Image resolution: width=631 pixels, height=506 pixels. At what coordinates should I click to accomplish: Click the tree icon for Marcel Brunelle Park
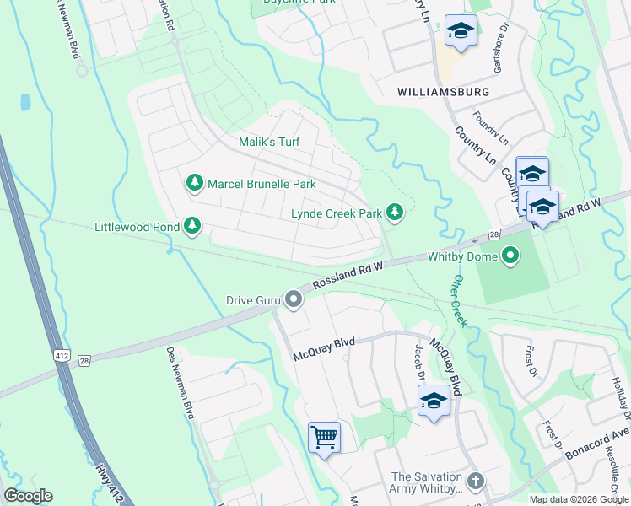click(194, 183)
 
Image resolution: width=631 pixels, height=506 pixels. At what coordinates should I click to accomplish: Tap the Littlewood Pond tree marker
click(193, 226)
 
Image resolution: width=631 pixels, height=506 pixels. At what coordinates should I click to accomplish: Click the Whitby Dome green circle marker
click(510, 256)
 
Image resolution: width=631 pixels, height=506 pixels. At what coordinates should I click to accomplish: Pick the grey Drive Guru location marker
click(293, 299)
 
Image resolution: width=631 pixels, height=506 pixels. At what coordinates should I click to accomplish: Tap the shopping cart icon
click(324, 437)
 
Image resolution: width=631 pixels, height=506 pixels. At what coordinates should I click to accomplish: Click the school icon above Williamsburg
click(461, 32)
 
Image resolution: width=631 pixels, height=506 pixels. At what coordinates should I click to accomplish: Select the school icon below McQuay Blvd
click(434, 400)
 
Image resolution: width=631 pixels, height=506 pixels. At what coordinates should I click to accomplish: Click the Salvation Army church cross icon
click(476, 481)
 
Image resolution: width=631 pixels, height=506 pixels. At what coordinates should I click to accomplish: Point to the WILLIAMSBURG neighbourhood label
click(444, 90)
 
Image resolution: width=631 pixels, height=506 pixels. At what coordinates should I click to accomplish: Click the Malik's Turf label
click(269, 143)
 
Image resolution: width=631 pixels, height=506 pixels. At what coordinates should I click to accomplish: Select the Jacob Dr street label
click(418, 361)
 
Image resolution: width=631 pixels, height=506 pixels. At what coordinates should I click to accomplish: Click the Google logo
click(28, 496)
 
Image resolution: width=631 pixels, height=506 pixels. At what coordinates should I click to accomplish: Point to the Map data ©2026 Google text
click(578, 499)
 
